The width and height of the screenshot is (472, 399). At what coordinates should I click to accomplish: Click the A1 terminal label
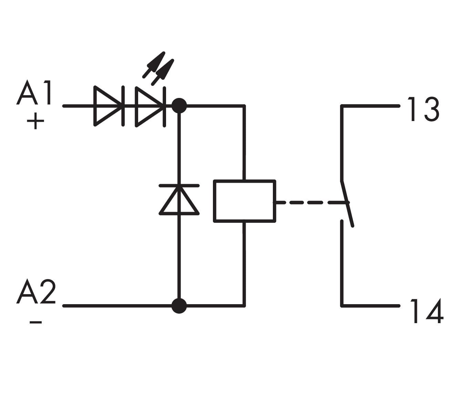pos(34,93)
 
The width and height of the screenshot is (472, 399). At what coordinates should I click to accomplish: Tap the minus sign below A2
pos(35,322)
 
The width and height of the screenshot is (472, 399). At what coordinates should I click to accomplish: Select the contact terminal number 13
pos(423,109)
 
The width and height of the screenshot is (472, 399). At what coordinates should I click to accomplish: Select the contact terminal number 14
pos(427,311)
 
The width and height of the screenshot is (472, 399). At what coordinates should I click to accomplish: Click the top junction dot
pos(179,106)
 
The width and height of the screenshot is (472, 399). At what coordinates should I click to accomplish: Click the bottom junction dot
pos(179,306)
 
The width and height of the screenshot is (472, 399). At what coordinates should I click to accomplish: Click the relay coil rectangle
pos(245,201)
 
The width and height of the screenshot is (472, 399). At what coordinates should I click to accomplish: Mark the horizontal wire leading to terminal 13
pos(370,106)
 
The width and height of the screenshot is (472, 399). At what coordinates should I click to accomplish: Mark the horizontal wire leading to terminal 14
pos(370,306)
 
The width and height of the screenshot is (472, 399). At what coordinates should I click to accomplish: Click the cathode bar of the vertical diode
pos(179,186)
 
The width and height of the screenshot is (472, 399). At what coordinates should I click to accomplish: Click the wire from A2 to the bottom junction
pos(117,306)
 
